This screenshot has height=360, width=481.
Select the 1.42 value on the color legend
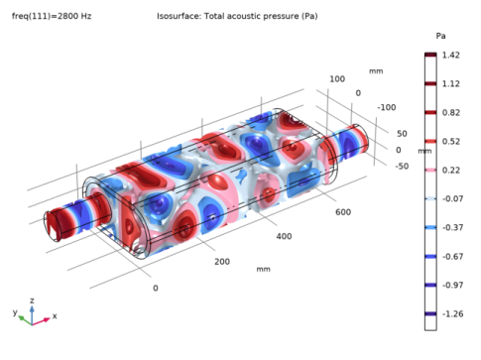pos(450,56)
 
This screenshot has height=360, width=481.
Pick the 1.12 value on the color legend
pos(450,84)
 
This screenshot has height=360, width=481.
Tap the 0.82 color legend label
pos(450,113)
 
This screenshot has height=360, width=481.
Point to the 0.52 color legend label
pos(450,142)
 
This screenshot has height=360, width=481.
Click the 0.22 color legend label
pos(450,171)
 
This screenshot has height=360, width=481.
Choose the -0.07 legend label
pos(451,199)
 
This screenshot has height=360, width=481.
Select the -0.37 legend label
pos(451,228)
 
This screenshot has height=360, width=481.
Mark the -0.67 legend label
pos(451,257)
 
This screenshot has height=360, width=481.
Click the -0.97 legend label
pos(451,286)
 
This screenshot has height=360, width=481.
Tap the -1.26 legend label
pos(451,314)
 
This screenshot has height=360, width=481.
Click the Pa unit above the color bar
pos(440,36)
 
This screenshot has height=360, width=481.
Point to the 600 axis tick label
pos(343,211)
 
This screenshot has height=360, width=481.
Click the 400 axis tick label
pos(284,237)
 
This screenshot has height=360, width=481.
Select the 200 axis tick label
pos(221,262)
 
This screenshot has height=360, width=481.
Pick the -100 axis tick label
pos(386,107)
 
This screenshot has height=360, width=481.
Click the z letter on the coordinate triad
pos(32,299)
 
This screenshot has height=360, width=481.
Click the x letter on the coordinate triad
pos(54,316)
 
